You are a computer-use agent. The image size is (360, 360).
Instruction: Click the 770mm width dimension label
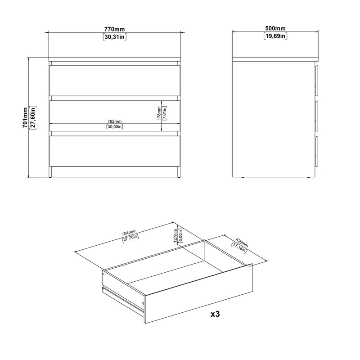point(115,29)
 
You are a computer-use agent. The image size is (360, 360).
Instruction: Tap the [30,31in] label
point(115,37)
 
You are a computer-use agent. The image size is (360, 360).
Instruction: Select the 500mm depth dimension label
point(275,28)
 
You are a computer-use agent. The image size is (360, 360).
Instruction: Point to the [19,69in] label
point(275,36)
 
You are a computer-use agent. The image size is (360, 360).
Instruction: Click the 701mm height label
point(25,117)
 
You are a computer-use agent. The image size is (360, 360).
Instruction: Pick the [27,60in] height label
point(33,117)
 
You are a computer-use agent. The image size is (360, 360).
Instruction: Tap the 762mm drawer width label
point(115,121)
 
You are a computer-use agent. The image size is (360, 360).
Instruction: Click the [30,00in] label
point(115,126)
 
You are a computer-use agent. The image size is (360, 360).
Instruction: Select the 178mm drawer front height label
point(159,113)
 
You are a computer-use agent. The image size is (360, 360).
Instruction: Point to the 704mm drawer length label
point(129,233)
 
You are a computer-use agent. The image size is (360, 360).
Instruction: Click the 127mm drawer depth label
point(175,235)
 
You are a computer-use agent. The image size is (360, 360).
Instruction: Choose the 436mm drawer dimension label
point(242,243)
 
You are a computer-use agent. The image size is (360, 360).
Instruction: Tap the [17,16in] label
point(239,248)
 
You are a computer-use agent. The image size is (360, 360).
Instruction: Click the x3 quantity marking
point(215,314)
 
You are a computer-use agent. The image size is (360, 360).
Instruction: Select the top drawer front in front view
point(115,81)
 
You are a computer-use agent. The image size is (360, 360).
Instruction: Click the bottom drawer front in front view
point(115,151)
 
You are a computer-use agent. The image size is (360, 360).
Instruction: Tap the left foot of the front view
point(50,172)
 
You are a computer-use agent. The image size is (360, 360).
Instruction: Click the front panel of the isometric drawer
point(198,293)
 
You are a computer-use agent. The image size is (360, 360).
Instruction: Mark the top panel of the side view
point(275,59)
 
